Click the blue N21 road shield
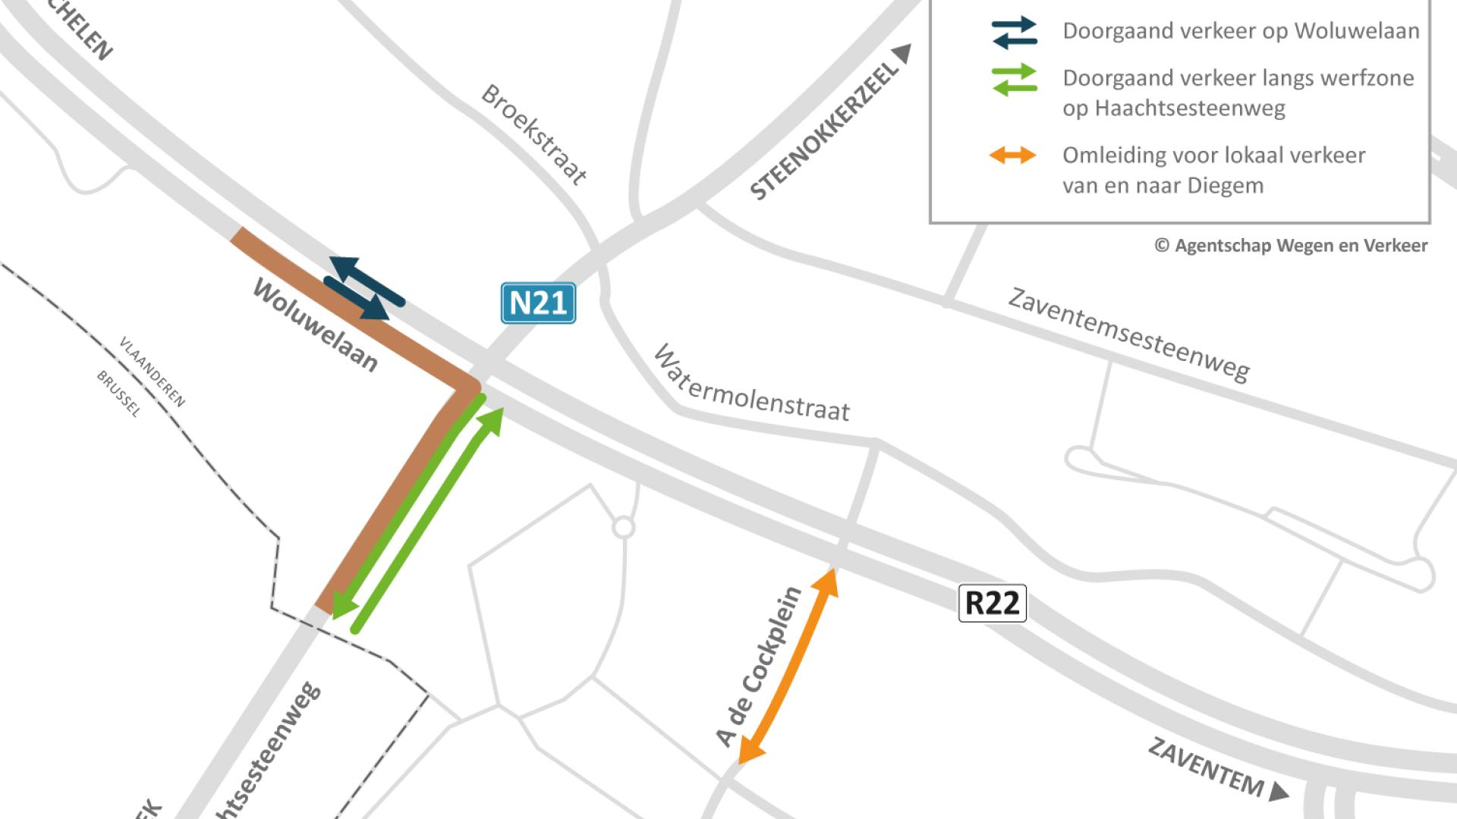coord(538,303)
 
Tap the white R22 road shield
coord(992,604)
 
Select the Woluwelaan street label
coord(315,325)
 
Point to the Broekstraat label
coord(534,135)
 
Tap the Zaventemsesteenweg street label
coord(1128,334)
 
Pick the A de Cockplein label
coord(758,667)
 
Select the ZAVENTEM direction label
coord(1206,767)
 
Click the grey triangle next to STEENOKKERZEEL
coord(902,54)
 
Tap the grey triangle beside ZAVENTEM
coord(1279,792)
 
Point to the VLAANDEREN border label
coord(153,372)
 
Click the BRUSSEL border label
coord(119,394)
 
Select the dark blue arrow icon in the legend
coord(1014,33)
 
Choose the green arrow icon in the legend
coord(1014,80)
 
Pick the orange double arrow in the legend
coord(1012,155)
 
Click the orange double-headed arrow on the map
coord(788,665)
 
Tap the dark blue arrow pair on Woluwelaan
coord(363,287)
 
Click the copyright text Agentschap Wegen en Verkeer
coord(1291,246)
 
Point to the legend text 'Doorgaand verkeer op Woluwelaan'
coord(1241,31)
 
